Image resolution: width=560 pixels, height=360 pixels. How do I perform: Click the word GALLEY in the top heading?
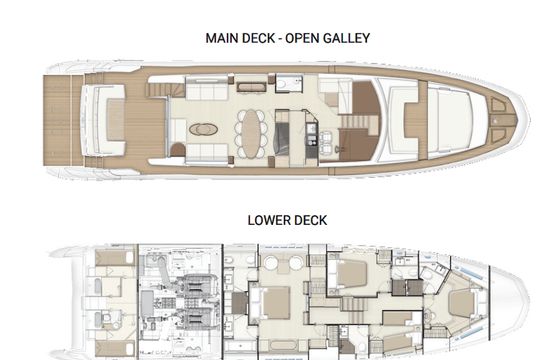click(x=346, y=38)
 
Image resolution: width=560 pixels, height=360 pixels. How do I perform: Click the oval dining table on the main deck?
click(x=251, y=133)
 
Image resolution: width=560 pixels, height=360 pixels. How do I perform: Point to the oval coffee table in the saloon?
click(x=203, y=129)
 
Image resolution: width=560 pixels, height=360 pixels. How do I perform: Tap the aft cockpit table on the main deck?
click(x=115, y=119)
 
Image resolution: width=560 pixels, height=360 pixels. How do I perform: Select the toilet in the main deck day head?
click(x=282, y=84)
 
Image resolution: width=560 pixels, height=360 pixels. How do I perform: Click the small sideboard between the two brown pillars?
click(x=251, y=87)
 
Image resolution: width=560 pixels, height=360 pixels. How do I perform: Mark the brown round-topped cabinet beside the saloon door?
click(x=178, y=150)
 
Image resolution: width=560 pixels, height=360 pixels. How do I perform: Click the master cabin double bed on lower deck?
click(x=273, y=303)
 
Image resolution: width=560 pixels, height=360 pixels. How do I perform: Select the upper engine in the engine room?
click(x=197, y=286)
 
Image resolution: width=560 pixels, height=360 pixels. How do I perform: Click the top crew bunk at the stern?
click(x=114, y=258)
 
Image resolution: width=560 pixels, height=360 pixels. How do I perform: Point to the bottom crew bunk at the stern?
click(x=114, y=348)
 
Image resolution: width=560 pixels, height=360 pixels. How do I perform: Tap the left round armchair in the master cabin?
click(x=271, y=263)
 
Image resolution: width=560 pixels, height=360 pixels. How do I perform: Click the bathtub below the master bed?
click(x=283, y=345)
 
